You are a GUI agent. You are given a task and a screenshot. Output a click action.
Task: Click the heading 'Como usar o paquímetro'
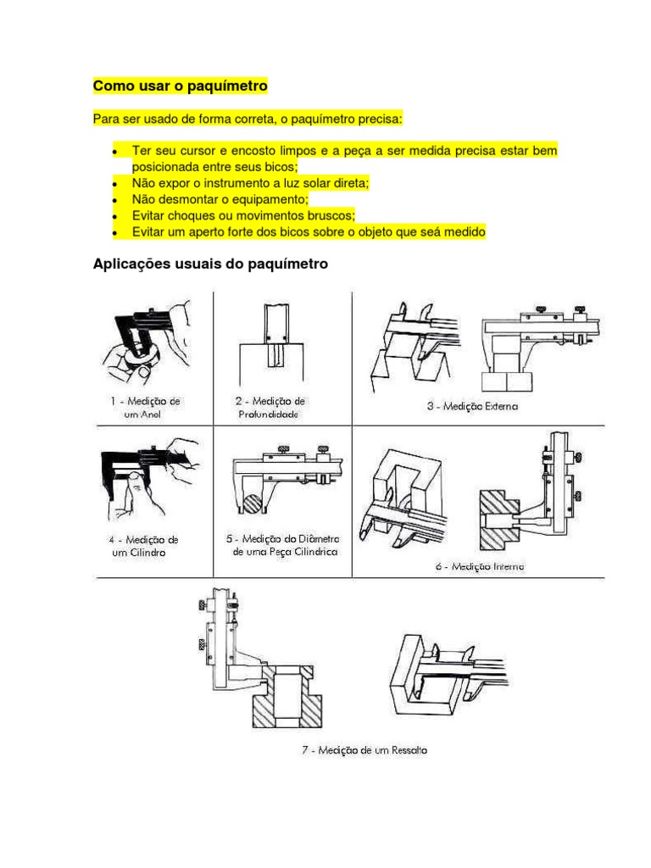coord(180,86)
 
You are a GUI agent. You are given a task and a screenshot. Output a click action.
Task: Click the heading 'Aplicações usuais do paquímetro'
coord(209,264)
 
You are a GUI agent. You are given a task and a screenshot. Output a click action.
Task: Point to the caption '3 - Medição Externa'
coord(472,407)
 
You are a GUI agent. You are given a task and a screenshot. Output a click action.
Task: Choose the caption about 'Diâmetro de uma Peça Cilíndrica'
coord(283,544)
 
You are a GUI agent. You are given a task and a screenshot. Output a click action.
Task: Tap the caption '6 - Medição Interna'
coord(480,565)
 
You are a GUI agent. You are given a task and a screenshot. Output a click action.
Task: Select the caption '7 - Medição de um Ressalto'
coord(364,751)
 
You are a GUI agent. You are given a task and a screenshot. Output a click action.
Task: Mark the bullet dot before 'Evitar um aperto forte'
coord(113,232)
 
